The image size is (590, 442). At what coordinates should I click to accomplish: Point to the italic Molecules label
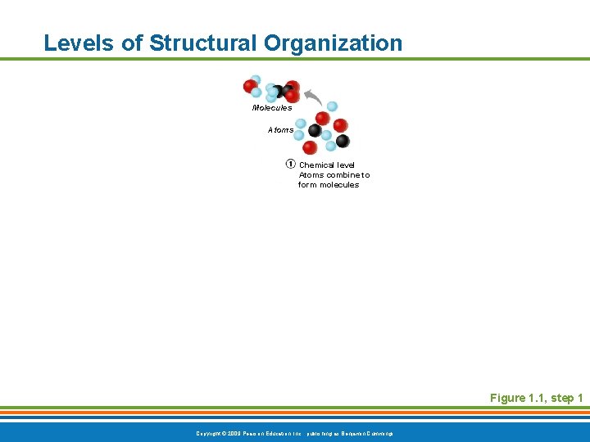(271, 107)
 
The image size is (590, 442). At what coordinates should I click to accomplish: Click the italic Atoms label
(280, 129)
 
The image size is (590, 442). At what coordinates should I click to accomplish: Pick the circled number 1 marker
(290, 164)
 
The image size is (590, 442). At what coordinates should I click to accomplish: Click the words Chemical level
(327, 165)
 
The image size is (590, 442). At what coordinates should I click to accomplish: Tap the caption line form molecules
(328, 185)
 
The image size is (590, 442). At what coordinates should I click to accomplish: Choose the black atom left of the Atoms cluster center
(314, 130)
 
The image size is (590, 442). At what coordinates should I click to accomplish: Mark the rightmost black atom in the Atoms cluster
(343, 141)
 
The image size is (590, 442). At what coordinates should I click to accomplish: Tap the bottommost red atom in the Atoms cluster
(309, 148)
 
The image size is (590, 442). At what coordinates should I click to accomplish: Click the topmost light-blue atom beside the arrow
(332, 106)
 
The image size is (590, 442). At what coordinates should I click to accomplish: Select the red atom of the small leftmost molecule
(250, 86)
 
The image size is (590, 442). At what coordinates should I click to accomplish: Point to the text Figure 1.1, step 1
(536, 398)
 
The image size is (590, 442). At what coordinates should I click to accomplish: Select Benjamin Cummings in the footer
(366, 432)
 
